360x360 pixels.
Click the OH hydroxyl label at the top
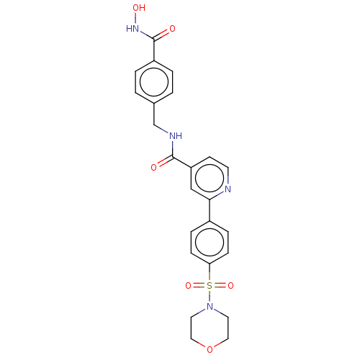point(139,8)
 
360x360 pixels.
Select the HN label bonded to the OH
point(132,29)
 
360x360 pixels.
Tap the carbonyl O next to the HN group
point(172,29)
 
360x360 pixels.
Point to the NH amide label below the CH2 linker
point(176,136)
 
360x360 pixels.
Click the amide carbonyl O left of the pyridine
point(154,167)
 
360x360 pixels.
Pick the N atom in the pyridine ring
point(228,189)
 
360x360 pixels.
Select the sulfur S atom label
point(210,286)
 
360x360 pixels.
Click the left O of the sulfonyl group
point(189,286)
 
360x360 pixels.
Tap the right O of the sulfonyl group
point(230,286)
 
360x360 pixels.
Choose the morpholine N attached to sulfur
point(210,307)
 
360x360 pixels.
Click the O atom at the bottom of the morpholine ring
point(210,349)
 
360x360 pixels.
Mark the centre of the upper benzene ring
point(154,82)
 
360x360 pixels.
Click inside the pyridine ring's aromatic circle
point(210,178)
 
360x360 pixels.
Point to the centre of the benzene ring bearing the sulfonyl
point(210,242)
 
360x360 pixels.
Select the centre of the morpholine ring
point(210,328)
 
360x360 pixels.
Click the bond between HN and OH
point(135,18)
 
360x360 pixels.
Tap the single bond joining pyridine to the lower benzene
point(210,210)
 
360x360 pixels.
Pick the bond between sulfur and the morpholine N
point(210,296)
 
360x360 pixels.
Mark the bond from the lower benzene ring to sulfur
point(210,272)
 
